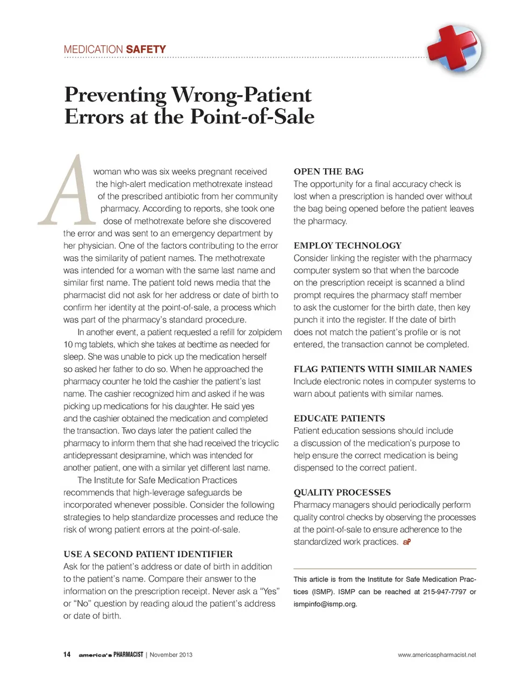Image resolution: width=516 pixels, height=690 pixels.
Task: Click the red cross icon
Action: pos(454,49)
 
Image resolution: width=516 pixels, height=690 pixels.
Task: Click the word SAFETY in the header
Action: pos(146,49)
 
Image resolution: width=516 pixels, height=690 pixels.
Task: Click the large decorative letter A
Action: pos(66,190)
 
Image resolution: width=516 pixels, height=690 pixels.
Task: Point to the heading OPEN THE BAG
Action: pos(328,171)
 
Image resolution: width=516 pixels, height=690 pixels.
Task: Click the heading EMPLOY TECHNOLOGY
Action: pos(347,246)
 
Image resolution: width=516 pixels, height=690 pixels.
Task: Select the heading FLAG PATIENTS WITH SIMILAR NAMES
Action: pos(383,369)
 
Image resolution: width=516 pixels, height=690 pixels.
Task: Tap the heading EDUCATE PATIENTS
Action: pos(339,418)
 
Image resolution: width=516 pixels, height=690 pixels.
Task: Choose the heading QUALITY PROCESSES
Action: pos(342,492)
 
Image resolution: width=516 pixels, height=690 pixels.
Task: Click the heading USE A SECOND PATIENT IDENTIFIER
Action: pos(148,554)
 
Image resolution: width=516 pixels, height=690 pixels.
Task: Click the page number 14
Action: pos(67,655)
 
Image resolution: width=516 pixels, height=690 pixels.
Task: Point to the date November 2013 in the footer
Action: pos(171,655)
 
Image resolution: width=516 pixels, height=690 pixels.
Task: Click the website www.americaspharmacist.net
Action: pos(436,655)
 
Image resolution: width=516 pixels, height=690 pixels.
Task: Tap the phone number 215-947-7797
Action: pos(445,592)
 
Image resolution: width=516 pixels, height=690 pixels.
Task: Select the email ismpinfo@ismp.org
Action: pos(325,604)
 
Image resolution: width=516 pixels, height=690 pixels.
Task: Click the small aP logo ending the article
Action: pos(406,542)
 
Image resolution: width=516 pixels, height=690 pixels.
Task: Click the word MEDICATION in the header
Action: pos(94,49)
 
